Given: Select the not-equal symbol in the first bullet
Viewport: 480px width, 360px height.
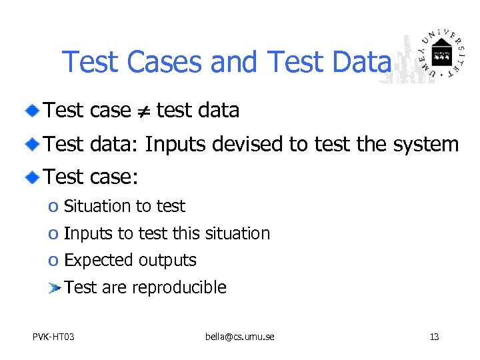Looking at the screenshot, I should click(143, 111).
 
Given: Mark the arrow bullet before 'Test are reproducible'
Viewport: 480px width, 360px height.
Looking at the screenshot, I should click(55, 288).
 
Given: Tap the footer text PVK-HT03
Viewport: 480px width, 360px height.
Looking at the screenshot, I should click(53, 337).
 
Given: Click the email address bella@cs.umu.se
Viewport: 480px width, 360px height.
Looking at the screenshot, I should click(239, 337).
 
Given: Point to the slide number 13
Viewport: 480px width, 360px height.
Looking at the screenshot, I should click(434, 337).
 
